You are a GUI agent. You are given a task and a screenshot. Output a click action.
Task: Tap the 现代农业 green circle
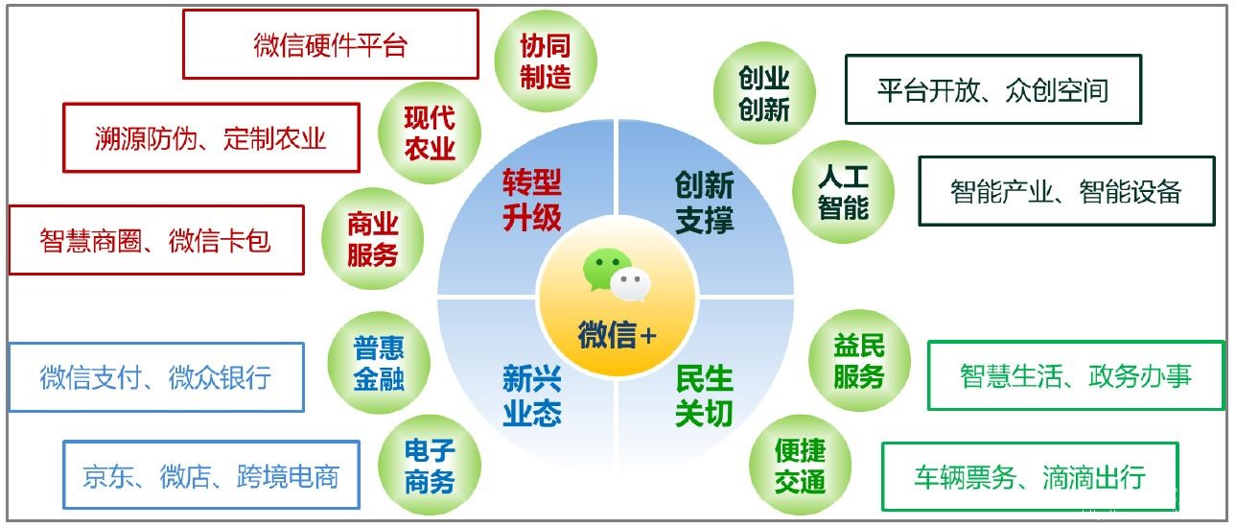429,133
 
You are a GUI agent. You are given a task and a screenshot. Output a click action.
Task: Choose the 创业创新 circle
764,93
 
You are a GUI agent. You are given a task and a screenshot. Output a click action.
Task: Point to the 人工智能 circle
843,192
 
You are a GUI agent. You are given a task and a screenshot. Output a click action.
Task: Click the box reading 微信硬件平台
330,45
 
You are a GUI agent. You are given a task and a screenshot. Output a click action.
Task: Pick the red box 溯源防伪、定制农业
211,138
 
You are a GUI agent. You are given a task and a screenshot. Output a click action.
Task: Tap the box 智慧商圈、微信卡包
155,240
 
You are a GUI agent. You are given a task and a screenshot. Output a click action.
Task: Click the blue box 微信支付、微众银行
155,377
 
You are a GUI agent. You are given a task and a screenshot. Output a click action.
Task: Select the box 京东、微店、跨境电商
211,475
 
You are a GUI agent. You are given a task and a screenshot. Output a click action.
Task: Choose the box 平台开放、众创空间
992,90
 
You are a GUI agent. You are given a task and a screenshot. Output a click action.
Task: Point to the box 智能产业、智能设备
1066,191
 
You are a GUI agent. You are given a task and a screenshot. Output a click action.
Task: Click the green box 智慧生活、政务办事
1076,375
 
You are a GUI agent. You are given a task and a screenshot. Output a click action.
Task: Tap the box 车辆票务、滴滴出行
1029,477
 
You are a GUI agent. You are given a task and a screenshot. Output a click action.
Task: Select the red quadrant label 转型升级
531,200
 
